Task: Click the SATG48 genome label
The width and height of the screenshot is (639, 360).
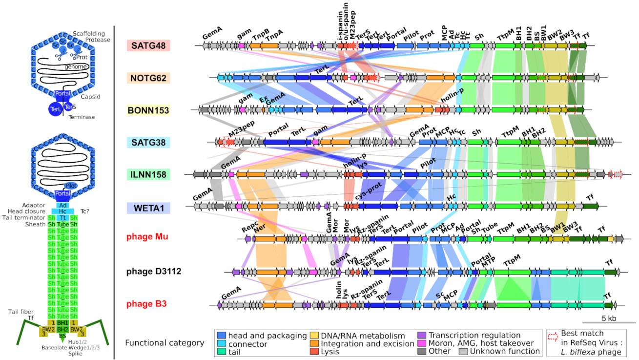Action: [x=148, y=46]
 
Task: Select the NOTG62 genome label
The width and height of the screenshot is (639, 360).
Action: [x=148, y=78]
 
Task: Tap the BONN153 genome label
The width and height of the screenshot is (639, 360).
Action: [x=148, y=110]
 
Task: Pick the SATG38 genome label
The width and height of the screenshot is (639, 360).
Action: [x=148, y=142]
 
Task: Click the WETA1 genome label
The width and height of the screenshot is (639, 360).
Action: [x=148, y=207]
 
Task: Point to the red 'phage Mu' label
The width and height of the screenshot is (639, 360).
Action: [x=147, y=237]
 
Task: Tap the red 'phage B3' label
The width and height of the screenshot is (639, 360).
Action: [x=147, y=304]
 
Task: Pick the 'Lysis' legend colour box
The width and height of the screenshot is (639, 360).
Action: [x=314, y=351]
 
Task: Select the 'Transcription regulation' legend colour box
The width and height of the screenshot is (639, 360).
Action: [x=422, y=336]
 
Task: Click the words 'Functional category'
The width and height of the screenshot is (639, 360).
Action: [x=165, y=343]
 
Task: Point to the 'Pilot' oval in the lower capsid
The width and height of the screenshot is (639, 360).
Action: [x=71, y=186]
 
